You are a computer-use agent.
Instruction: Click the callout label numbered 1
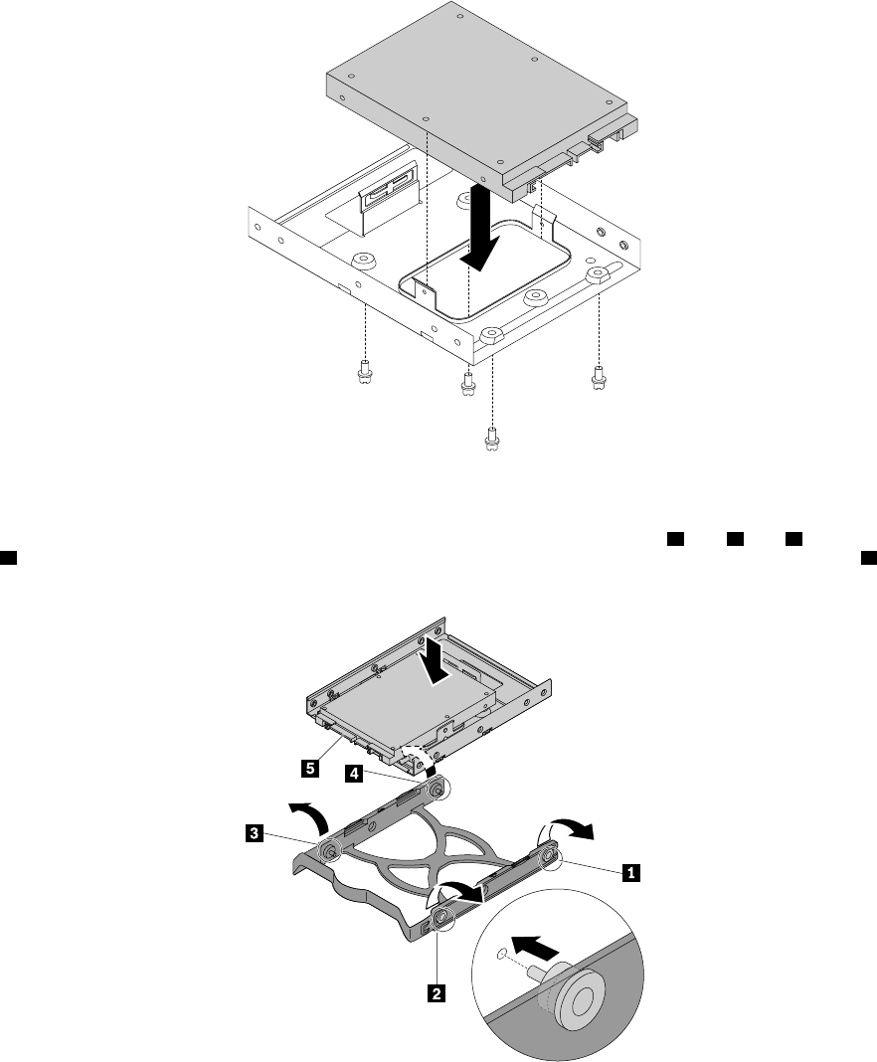(x=628, y=873)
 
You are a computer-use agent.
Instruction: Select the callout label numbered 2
(x=434, y=991)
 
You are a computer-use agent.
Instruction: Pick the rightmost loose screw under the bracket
(x=598, y=377)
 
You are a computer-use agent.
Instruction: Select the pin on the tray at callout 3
(x=329, y=851)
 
